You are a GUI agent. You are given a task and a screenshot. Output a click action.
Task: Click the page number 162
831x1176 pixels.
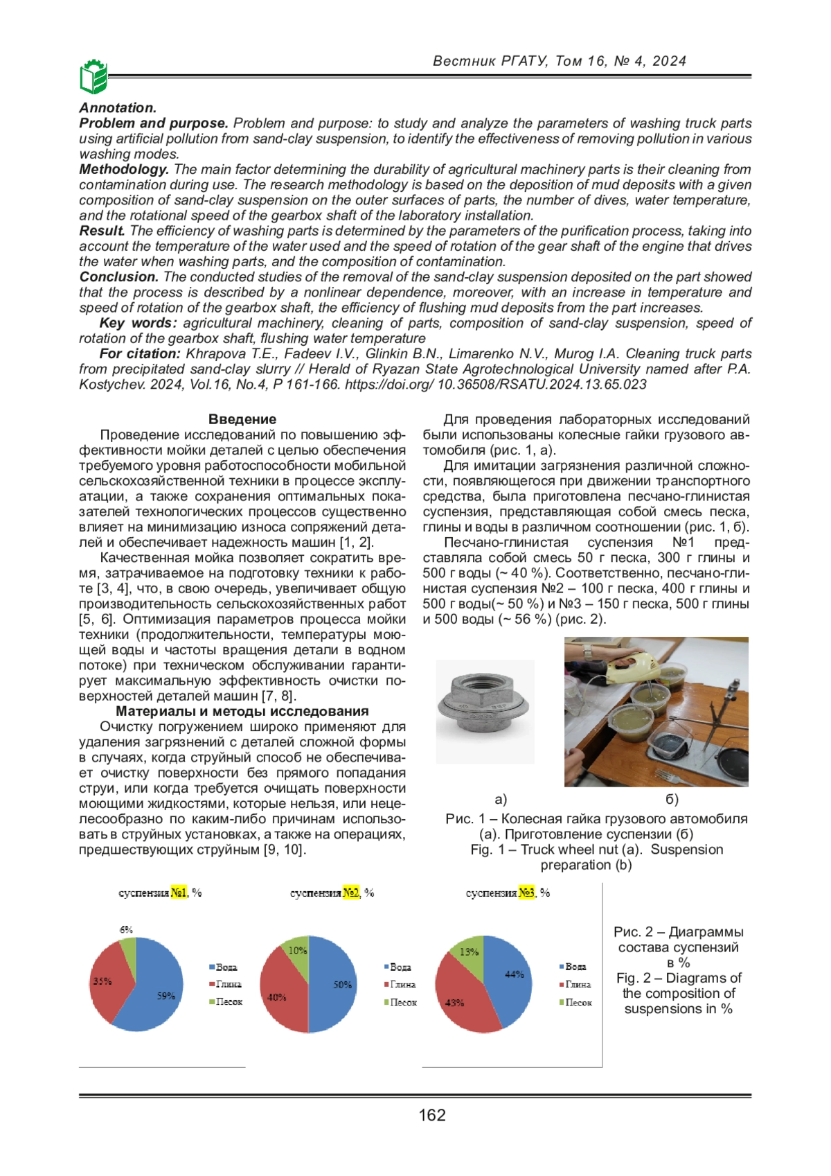coord(431,1115)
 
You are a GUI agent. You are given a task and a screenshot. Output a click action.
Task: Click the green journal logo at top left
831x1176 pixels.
coord(93,76)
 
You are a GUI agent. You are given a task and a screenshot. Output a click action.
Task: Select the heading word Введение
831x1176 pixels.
coord(242,419)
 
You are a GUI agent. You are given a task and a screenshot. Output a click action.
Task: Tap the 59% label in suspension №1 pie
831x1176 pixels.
coord(166,996)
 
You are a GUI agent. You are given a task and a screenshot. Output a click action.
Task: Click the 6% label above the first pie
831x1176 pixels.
coord(126,929)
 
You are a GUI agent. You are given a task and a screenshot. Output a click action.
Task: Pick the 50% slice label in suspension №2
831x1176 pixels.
coord(343,984)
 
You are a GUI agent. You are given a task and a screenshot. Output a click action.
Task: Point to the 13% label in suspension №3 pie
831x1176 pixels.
coord(469,951)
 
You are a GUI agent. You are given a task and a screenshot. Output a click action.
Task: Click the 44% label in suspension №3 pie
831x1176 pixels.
coord(515,974)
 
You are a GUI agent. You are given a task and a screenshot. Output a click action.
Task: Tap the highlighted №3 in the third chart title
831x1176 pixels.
coord(527,893)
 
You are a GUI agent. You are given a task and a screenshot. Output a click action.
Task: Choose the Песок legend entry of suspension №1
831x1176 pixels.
coord(226,1002)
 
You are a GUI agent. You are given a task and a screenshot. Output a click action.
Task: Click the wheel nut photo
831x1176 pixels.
coord(485,710)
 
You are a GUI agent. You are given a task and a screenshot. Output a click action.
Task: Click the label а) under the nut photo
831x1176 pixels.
coord(501,799)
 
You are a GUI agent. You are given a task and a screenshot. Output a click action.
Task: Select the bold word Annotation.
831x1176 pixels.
coord(118,107)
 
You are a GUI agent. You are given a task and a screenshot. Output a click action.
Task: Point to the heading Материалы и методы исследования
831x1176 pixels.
coord(242,711)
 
